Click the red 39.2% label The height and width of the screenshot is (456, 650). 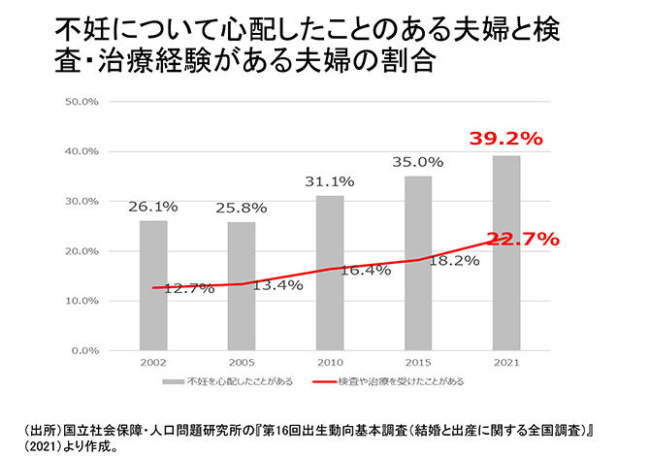click(504, 139)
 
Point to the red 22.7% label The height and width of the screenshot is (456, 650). click(523, 239)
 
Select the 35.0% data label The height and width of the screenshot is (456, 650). click(418, 161)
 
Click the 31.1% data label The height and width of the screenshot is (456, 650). click(330, 180)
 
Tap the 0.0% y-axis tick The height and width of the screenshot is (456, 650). click(84, 350)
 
